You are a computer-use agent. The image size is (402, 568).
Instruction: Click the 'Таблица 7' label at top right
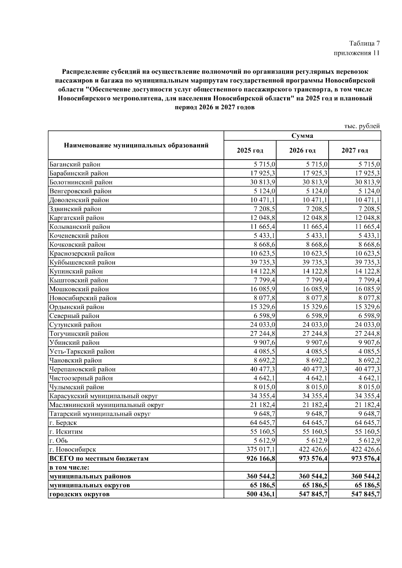click(364, 44)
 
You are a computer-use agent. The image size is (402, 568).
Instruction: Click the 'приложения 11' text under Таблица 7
click(356, 53)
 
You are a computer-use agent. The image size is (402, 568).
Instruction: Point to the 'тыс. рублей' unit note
click(362, 126)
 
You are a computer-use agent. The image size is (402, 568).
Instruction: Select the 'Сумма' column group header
click(302, 136)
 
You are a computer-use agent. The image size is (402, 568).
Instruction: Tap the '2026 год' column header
click(302, 151)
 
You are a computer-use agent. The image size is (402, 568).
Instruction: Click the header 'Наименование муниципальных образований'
click(136, 145)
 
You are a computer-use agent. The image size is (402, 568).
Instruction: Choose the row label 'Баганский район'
click(75, 164)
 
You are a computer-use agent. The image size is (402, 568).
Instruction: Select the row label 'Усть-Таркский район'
click(82, 351)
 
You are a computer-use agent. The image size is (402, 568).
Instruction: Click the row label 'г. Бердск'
click(63, 423)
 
